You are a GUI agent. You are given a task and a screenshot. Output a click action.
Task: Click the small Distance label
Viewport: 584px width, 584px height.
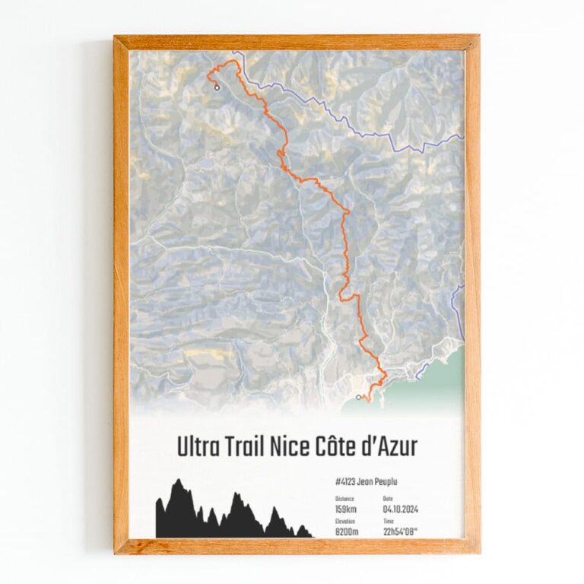(x=344, y=499)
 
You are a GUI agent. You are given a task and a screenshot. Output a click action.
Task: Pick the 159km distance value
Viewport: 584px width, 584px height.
(x=346, y=509)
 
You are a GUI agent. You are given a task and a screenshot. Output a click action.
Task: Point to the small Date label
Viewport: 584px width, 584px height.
(x=388, y=499)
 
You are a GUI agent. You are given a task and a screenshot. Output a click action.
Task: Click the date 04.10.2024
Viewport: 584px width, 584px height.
(x=401, y=509)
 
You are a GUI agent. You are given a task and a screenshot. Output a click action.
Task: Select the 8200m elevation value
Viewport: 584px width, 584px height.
(x=347, y=532)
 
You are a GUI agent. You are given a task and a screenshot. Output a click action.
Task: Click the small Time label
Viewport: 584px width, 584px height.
(x=389, y=522)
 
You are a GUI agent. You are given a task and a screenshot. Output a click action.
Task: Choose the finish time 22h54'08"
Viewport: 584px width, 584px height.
(x=402, y=532)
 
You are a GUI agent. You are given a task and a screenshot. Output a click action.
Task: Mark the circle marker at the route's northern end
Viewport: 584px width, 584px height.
(x=217, y=87)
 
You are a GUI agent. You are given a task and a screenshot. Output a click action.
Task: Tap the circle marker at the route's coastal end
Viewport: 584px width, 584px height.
(x=358, y=397)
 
